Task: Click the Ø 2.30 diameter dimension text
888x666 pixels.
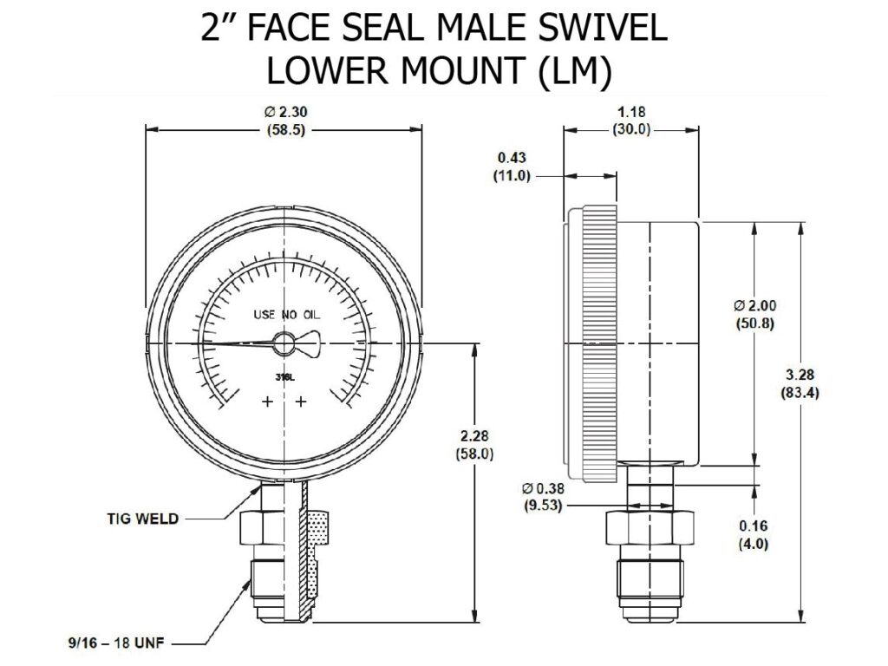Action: click(x=284, y=112)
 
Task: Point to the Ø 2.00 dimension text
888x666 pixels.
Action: click(x=754, y=305)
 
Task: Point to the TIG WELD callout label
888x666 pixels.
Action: click(x=142, y=519)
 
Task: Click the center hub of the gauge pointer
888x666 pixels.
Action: click(x=284, y=343)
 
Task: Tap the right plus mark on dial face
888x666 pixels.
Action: click(x=302, y=402)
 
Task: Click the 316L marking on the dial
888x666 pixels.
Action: click(x=284, y=377)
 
